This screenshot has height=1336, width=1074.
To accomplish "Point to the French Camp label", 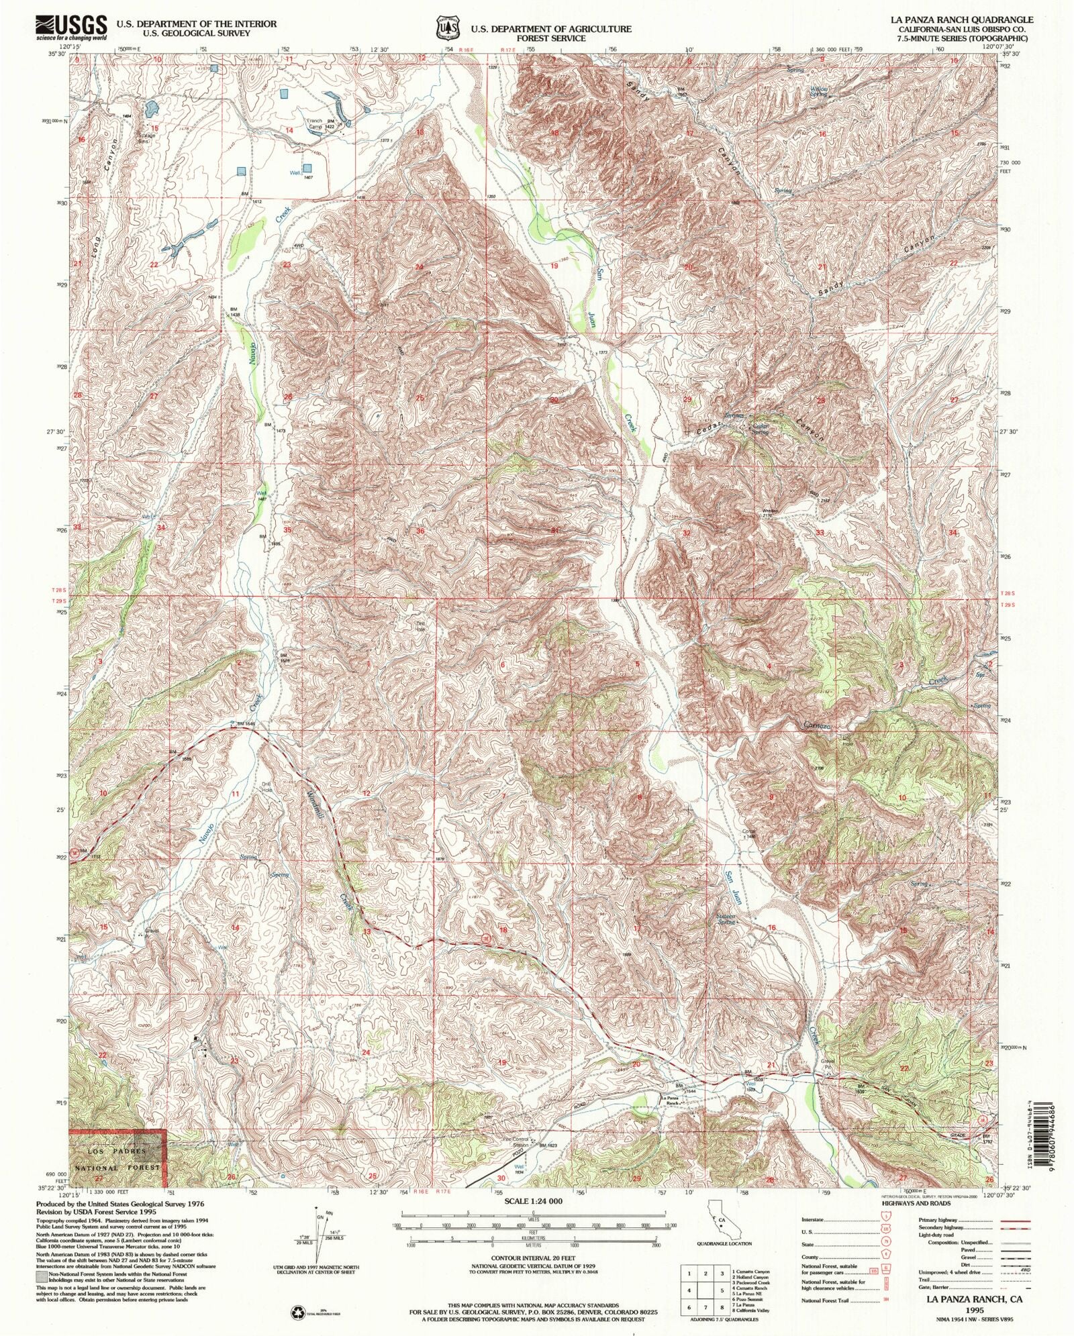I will click(315, 124).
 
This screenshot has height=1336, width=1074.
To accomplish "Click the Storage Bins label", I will click(146, 137).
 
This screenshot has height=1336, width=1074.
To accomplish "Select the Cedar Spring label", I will click(760, 429).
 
